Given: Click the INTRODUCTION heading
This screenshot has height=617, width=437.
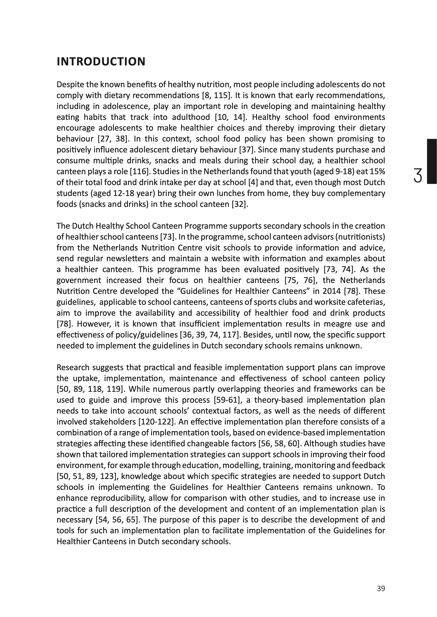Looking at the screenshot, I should (x=101, y=62).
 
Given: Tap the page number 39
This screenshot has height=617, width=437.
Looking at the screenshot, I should (x=381, y=589).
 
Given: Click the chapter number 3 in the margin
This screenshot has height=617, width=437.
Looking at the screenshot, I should (x=418, y=175).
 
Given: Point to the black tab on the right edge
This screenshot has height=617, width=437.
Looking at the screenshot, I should (x=432, y=161).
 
